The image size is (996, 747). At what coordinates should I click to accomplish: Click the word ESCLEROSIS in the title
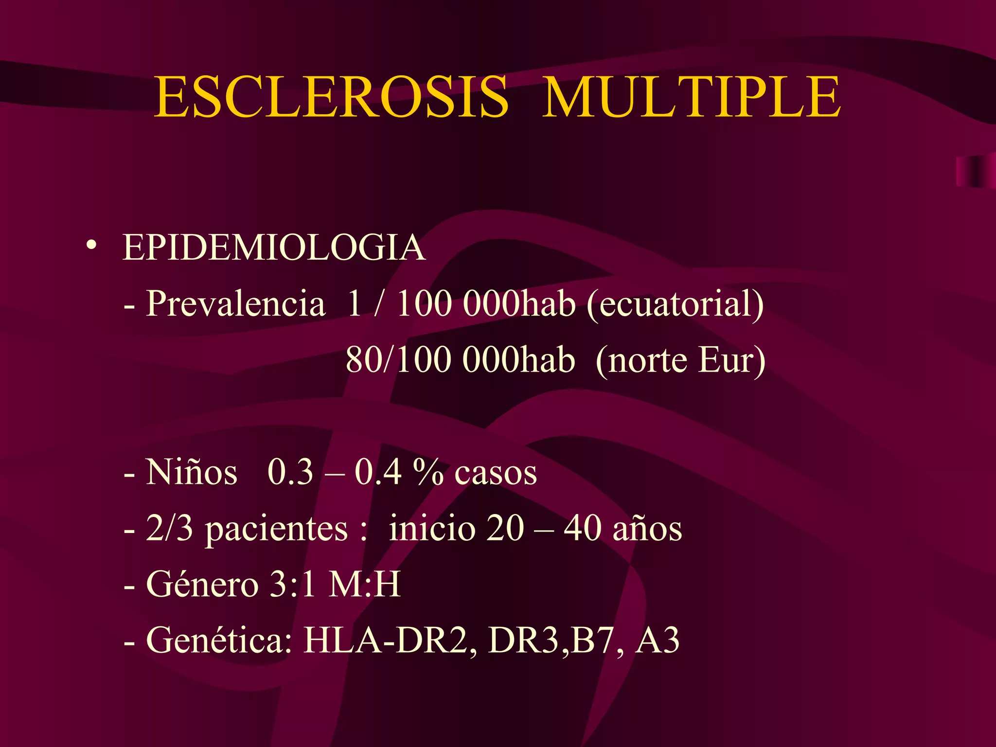click(x=331, y=97)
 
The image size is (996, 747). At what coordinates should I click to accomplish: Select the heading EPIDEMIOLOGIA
click(x=274, y=248)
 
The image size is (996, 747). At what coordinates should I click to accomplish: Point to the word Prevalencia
click(x=235, y=303)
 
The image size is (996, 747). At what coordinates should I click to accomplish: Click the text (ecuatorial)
click(x=675, y=304)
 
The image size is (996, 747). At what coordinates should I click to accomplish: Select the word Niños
click(x=192, y=472)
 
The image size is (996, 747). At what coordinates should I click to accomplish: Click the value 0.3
click(x=290, y=472)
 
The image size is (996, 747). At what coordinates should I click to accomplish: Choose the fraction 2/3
click(x=169, y=528)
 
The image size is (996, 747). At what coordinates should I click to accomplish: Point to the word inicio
click(x=432, y=528)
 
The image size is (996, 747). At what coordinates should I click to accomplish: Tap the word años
click(x=647, y=529)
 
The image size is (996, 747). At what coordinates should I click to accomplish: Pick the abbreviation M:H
click(x=365, y=584)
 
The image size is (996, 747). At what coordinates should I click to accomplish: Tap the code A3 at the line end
click(x=657, y=640)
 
